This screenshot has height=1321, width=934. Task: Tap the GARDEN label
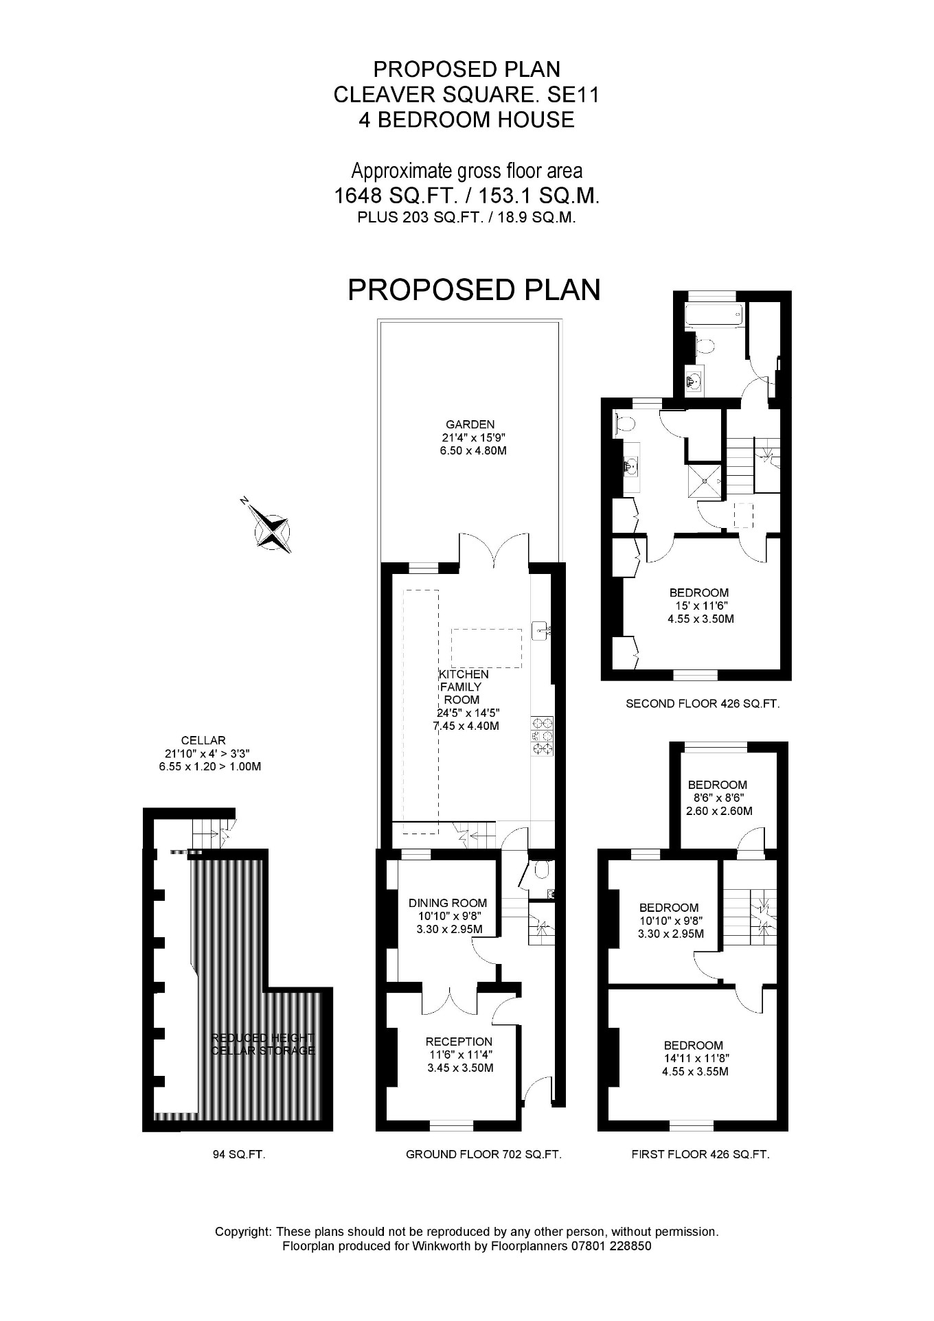tap(468, 424)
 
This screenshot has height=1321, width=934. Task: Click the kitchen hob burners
tap(542, 735)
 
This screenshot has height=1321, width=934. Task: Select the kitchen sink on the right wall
tap(542, 630)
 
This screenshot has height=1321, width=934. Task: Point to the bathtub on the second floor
tap(712, 316)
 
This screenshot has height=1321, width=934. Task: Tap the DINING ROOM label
tap(448, 903)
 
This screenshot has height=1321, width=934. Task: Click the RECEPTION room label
tap(459, 1042)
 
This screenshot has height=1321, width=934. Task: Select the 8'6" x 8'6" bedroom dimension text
tap(718, 798)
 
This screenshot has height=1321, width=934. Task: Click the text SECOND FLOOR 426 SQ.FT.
tap(703, 704)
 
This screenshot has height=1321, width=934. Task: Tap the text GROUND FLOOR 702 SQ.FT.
tap(483, 1155)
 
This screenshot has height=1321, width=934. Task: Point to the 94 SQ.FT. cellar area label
tap(239, 1155)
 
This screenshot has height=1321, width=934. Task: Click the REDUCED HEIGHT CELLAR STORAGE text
tap(262, 1044)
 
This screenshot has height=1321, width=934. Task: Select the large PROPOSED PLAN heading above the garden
tap(474, 289)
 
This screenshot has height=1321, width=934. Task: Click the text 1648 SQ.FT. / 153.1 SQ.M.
tap(466, 196)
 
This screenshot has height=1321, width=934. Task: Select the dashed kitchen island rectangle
tap(486, 648)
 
